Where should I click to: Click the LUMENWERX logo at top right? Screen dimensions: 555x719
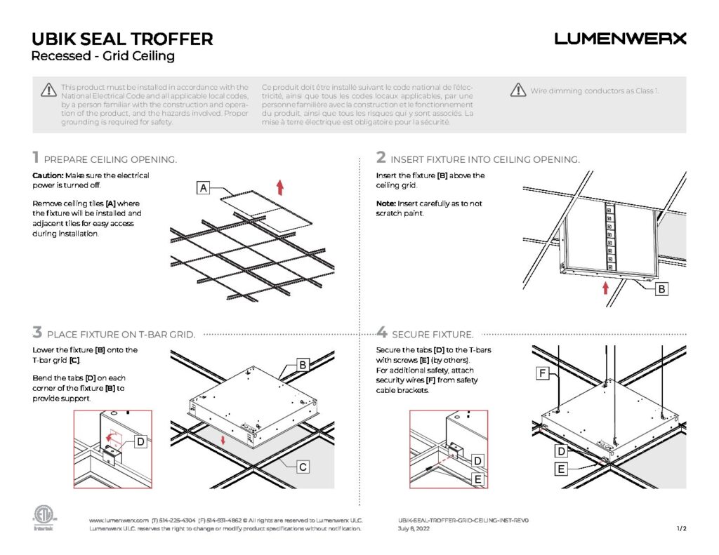[x=620, y=39]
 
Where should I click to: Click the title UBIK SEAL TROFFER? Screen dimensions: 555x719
[x=123, y=39]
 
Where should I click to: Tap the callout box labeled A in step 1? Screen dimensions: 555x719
[x=203, y=188]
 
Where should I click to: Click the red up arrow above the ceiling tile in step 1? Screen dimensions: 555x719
[x=279, y=187]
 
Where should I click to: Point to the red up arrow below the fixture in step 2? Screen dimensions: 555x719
[x=605, y=288]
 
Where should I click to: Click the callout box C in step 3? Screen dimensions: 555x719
[x=303, y=466]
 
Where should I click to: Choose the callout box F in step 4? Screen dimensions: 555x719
[x=543, y=375]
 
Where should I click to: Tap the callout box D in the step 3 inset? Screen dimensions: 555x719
[x=140, y=441]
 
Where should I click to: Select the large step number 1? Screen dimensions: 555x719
[x=37, y=158]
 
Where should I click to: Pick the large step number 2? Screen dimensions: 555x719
[x=381, y=158]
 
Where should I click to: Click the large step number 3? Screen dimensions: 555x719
[x=37, y=333]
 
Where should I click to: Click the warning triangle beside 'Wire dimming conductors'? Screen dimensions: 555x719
[x=518, y=90]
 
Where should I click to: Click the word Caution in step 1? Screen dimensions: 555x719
[x=48, y=175]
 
